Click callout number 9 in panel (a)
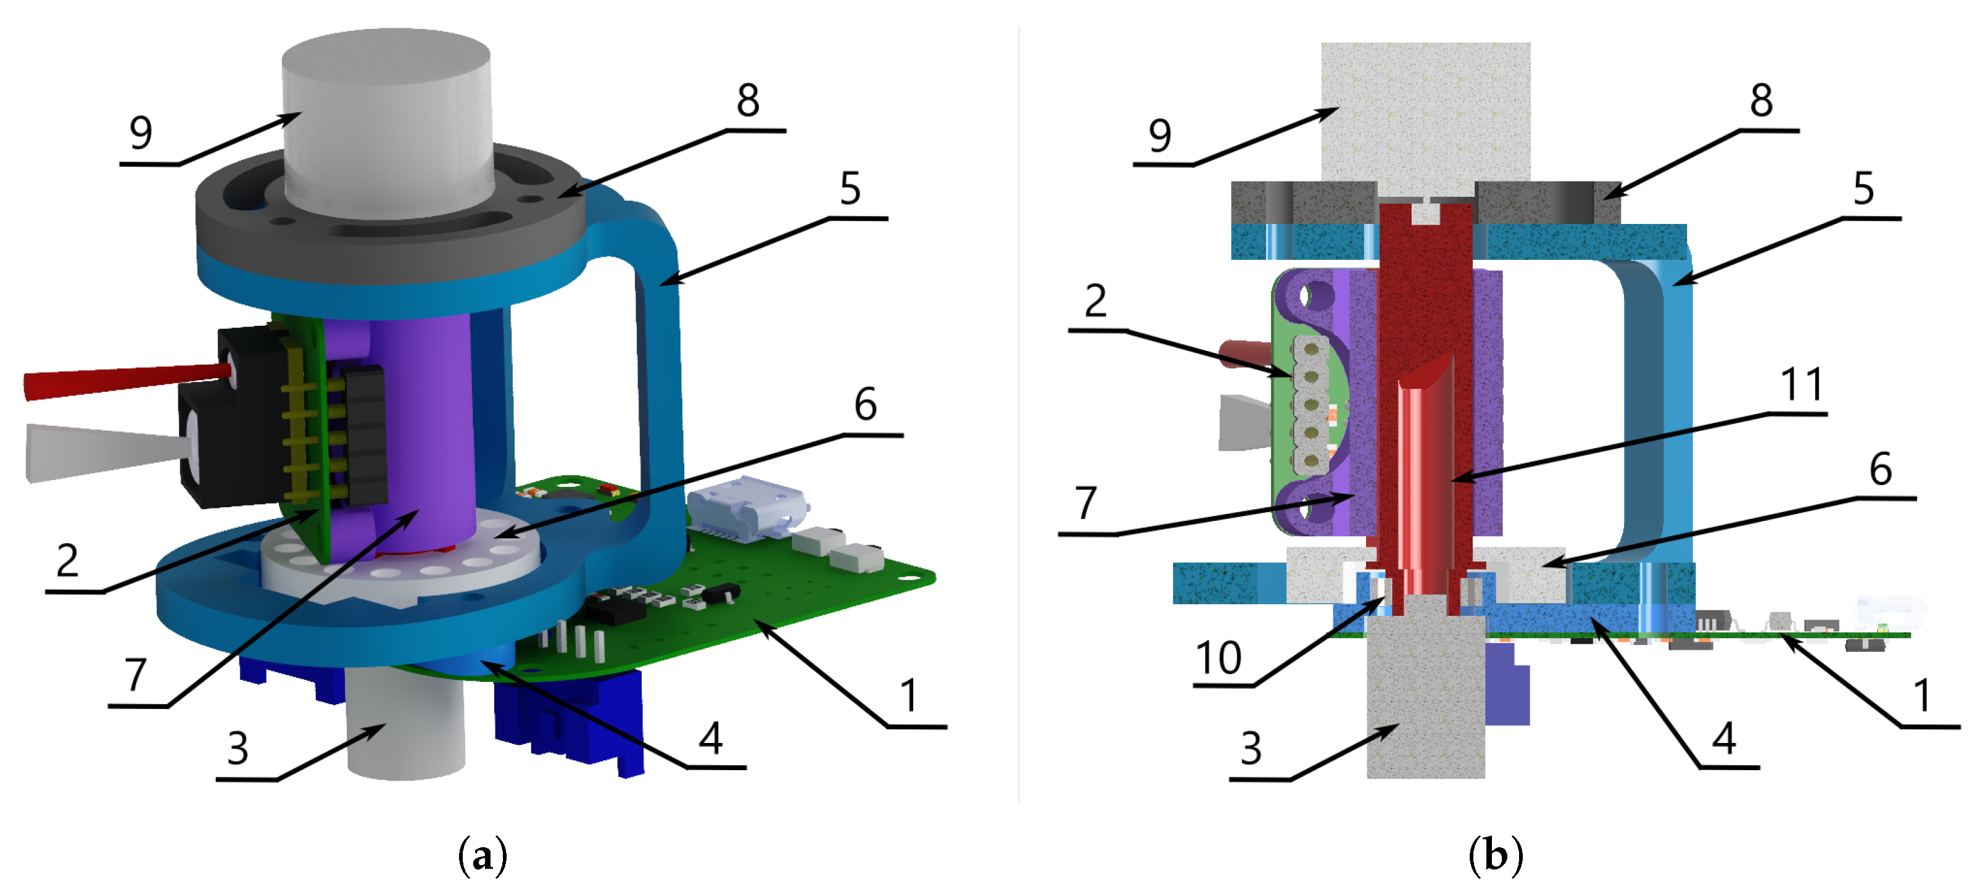[x=141, y=133]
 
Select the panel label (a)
[x=483, y=855]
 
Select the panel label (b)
[x=1495, y=855]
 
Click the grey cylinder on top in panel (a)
[x=386, y=116]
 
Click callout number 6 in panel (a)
[x=865, y=404]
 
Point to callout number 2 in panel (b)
[x=1095, y=301]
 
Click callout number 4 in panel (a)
[x=710, y=738]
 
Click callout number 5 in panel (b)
[x=1863, y=188]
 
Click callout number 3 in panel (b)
[x=1250, y=748]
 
